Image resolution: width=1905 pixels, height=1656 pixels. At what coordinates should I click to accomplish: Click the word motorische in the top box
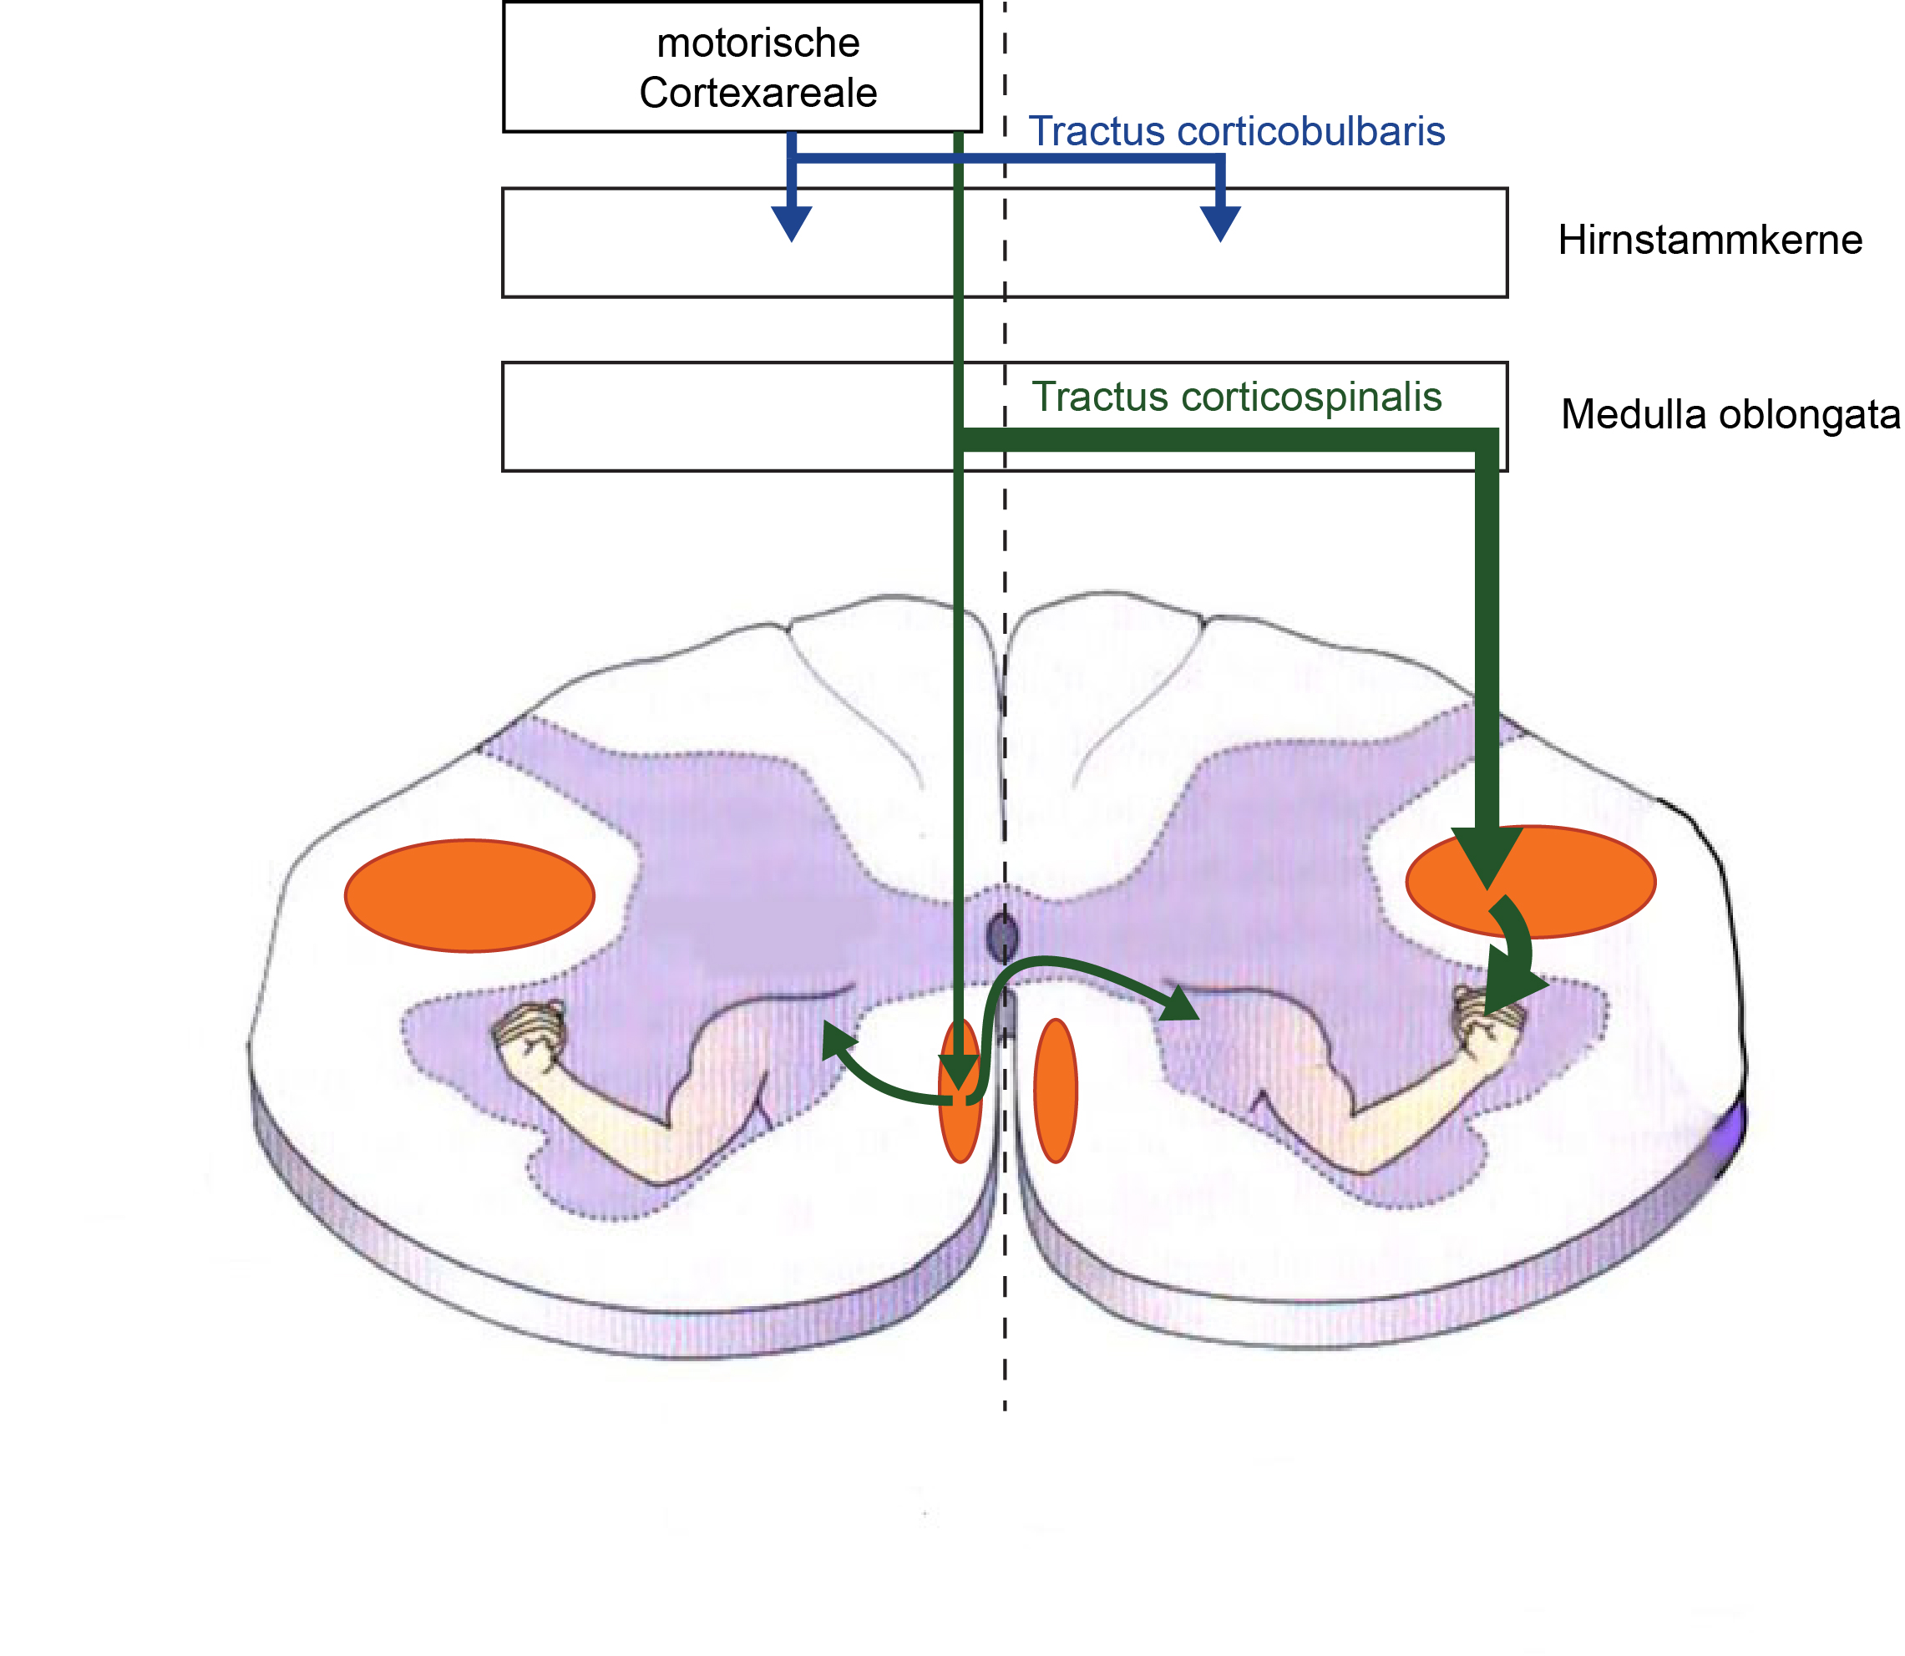[x=758, y=43]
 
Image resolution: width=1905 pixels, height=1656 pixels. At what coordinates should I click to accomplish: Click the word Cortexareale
[x=758, y=93]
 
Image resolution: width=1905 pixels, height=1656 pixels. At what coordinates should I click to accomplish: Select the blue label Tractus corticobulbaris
[x=1237, y=130]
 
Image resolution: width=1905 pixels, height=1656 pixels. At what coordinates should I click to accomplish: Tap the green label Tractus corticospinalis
[x=1237, y=398]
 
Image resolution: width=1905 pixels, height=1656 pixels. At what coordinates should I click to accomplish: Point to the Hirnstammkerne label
[x=1710, y=240]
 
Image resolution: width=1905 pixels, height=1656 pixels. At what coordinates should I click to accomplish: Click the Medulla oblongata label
[x=1730, y=414]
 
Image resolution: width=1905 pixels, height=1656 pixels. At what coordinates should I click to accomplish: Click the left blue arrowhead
[x=791, y=225]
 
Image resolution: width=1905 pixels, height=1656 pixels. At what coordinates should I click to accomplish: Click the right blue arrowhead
[x=1220, y=225]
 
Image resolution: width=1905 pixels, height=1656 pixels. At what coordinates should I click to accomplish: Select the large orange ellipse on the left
[x=469, y=895]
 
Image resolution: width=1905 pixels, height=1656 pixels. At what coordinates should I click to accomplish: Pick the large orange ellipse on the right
[x=1531, y=882]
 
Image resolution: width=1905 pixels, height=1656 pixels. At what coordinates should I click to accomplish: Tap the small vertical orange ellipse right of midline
[x=1056, y=1091]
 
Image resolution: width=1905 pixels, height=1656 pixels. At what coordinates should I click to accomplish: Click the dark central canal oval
[x=1003, y=939]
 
